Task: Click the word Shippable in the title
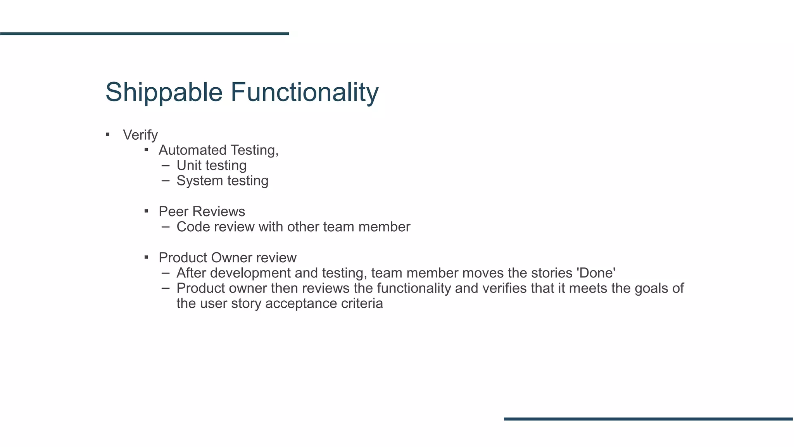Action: click(x=164, y=92)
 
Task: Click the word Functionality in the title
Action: click(x=304, y=92)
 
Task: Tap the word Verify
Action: click(x=140, y=135)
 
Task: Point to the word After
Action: click(x=191, y=273)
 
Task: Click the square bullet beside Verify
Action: click(x=108, y=135)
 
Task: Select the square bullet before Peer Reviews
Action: click(x=146, y=211)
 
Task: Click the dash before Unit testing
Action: click(x=166, y=165)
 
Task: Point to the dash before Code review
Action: click(x=166, y=227)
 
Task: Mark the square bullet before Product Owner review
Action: click(x=146, y=257)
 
